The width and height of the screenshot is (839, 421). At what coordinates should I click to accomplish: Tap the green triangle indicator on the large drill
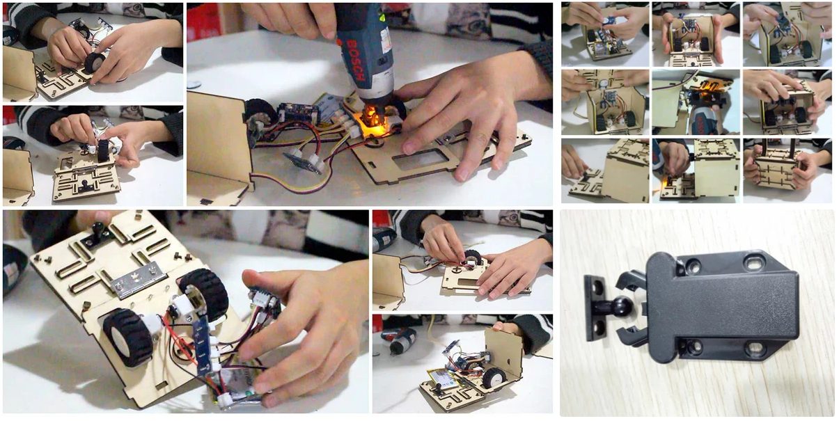(x=382, y=17)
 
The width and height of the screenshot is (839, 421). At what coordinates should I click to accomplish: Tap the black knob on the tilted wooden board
(x=98, y=229)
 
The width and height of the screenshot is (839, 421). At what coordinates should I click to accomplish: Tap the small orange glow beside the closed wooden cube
(x=664, y=184)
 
